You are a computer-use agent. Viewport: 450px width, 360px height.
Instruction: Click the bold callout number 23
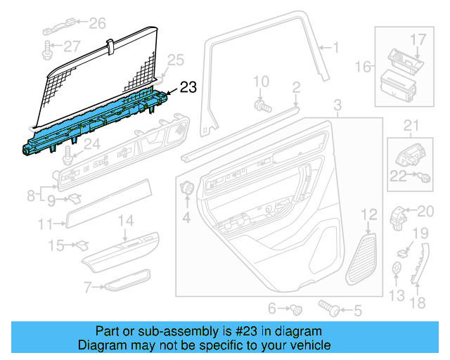pos(188,87)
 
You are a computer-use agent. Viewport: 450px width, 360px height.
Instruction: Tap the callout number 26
pos(96,24)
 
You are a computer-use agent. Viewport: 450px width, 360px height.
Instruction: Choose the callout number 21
pos(410,126)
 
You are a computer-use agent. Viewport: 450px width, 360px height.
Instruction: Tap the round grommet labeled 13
pos(398,267)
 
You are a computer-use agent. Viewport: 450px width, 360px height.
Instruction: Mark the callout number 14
pos(124,221)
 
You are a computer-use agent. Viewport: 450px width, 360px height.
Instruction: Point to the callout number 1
pos(335,48)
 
